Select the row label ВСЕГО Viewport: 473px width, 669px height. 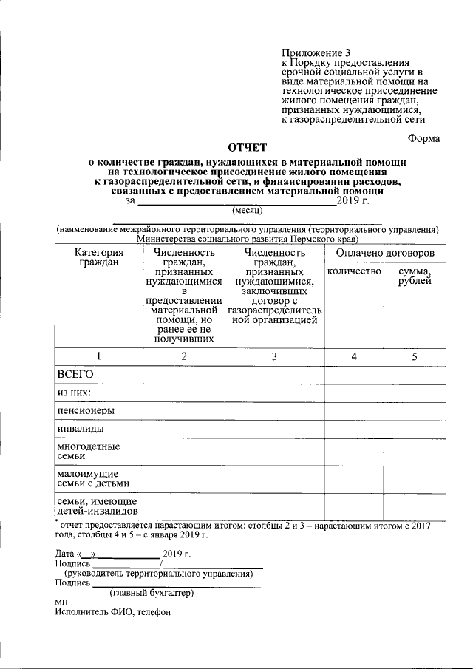pyautogui.click(x=75, y=375)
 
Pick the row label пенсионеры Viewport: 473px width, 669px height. pyautogui.click(x=86, y=410)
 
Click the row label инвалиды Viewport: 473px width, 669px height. pyautogui.click(x=80, y=428)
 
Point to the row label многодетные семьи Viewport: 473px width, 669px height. pyautogui.click(x=89, y=452)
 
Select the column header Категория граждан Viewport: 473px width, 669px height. pyautogui.click(x=99, y=258)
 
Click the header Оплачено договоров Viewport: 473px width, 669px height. pyautogui.click(x=384, y=254)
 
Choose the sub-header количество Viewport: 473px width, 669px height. pyautogui.click(x=353, y=272)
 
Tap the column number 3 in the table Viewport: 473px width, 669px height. pyautogui.click(x=274, y=356)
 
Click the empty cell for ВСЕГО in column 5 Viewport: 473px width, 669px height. pyautogui.click(x=415, y=375)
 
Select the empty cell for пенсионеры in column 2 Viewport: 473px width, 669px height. pyautogui.click(x=184, y=410)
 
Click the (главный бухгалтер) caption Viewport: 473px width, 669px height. pyautogui.click(x=152, y=593)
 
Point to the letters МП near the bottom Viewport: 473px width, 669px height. pyautogui.click(x=62, y=603)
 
